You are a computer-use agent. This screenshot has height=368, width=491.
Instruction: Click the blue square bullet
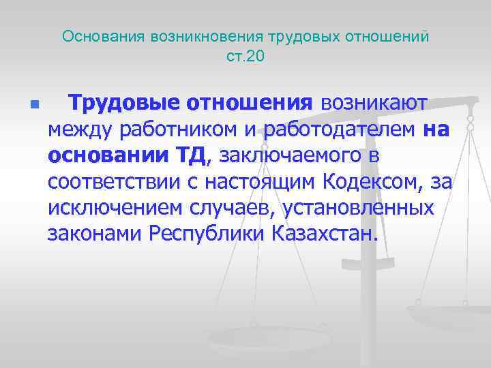pos(35,106)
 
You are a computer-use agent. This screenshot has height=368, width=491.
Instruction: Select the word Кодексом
pos(378,183)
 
